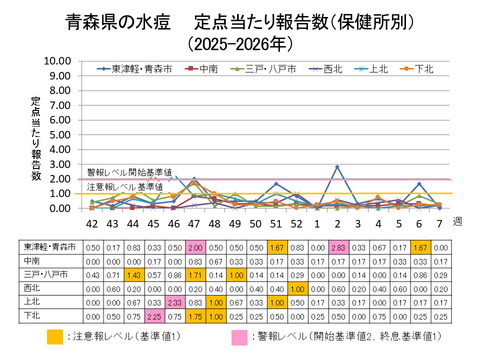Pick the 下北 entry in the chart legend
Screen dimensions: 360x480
[419, 69]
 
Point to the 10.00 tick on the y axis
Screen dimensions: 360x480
[57, 61]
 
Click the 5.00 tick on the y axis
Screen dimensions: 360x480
[57, 135]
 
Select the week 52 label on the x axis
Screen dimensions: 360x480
[296, 224]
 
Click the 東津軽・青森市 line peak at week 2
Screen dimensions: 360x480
[337, 167]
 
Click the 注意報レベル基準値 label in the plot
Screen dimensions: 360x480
[125, 187]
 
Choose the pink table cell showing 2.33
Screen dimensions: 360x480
[174, 299]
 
